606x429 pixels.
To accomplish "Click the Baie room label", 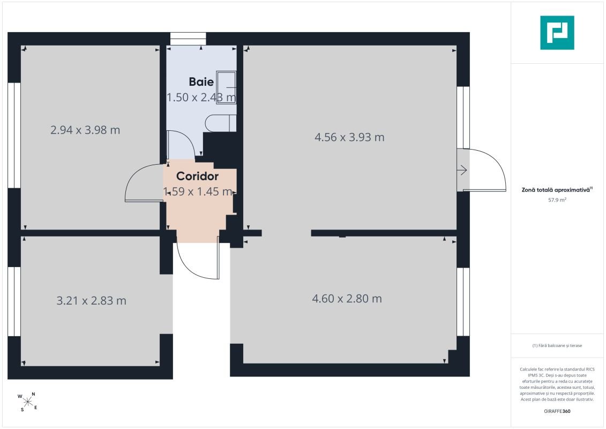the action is click(x=201, y=82).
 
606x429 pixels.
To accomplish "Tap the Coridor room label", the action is click(x=198, y=176).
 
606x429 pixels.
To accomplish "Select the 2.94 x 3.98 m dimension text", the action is click(x=85, y=130).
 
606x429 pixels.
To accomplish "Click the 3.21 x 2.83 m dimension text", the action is click(x=91, y=301).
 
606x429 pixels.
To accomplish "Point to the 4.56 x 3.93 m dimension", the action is click(x=349, y=137).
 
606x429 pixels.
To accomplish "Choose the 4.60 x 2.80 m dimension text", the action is click(x=347, y=299).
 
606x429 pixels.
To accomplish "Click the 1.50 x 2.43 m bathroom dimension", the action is click(x=201, y=97).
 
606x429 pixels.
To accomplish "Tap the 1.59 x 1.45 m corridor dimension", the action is click(x=198, y=191).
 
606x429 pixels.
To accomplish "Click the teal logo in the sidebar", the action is click(x=557, y=33).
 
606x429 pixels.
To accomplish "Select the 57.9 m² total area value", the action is click(x=557, y=200).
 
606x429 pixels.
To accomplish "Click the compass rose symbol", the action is click(x=27, y=402).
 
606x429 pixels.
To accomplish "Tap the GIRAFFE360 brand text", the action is click(x=557, y=411).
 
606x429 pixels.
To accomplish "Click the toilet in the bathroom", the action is click(x=221, y=123).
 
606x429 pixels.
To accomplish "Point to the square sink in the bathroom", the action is click(x=226, y=87).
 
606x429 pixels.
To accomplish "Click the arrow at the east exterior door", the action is click(x=462, y=170).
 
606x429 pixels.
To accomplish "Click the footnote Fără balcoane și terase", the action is click(x=557, y=345).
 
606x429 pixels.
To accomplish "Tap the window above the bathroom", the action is click(x=188, y=39).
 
